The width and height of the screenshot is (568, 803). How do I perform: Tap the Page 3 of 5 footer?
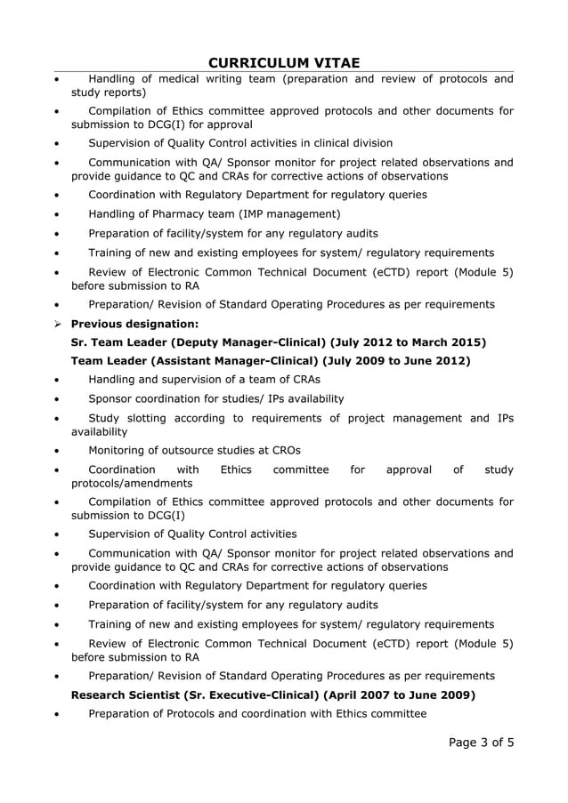click(476, 743)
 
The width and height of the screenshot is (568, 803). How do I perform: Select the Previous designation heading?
click(134, 324)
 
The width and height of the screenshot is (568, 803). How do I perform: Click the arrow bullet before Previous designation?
click(58, 324)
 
